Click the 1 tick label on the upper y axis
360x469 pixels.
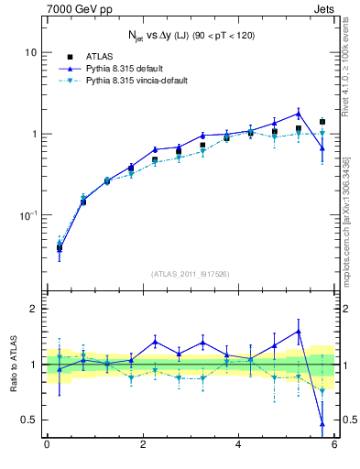(x=32, y=134)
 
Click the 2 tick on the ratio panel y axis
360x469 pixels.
(x=32, y=309)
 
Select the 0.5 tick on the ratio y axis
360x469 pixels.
(x=27, y=420)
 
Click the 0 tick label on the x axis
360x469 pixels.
(x=47, y=446)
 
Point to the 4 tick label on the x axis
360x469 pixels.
(x=238, y=446)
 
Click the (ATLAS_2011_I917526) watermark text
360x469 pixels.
(x=191, y=273)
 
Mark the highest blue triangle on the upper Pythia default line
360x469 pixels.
(x=299, y=114)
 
